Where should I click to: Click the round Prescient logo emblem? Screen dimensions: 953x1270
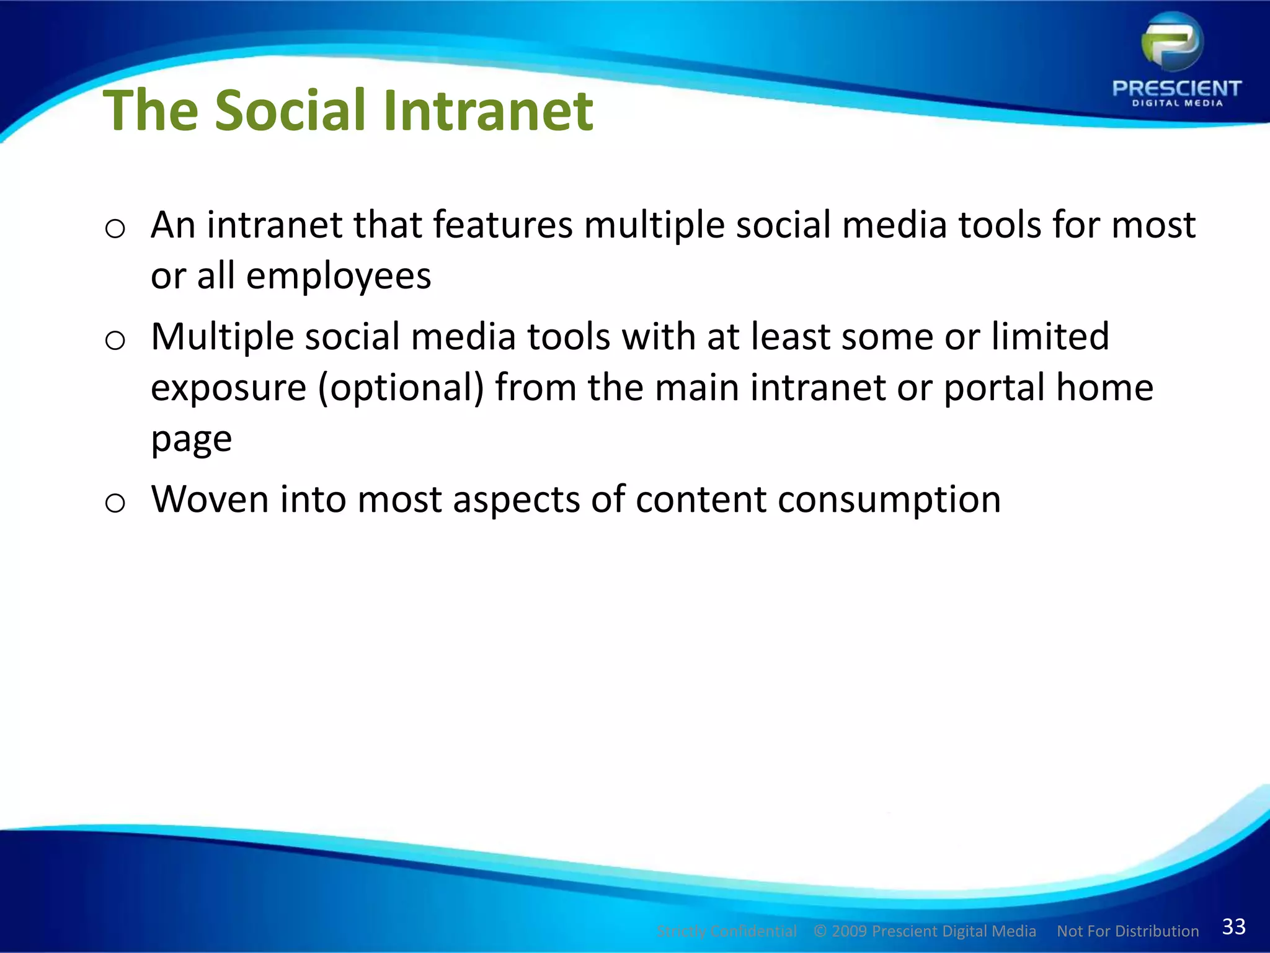tap(1172, 42)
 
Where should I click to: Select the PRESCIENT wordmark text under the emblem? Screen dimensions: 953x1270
tap(1176, 89)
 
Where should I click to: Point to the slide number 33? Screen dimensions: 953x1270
tap(1233, 926)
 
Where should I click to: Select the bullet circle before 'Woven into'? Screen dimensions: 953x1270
tap(115, 503)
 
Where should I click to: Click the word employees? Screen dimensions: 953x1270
tap(339, 276)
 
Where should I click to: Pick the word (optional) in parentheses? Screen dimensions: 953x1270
tap(401, 388)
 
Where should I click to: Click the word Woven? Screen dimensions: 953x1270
tap(210, 499)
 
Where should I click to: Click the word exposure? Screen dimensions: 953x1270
tap(228, 388)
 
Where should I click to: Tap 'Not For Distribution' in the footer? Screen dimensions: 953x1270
tap(1127, 931)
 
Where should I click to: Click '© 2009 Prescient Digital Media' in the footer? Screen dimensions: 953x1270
tap(925, 931)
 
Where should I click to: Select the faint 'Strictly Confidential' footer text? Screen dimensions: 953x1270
tap(726, 931)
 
